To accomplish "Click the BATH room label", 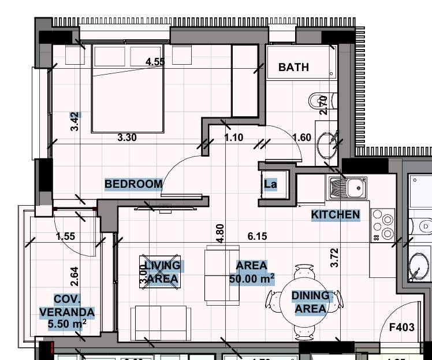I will tap(293, 68).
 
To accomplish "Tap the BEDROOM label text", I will tap(133, 184).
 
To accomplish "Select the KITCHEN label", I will tap(336, 215).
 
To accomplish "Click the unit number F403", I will tap(401, 328).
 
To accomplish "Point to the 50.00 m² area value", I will tap(252, 279).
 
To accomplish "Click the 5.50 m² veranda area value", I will tap(67, 325).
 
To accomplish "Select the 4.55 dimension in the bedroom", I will tap(156, 62).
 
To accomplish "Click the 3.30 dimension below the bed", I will tap(127, 138).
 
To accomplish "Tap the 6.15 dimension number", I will tap(257, 236).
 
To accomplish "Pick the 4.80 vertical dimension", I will tap(219, 232).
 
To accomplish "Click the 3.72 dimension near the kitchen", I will tap(333, 257).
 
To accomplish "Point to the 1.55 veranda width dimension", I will tap(66, 236).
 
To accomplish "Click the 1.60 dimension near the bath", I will tap(301, 138).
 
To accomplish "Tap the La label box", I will tap(270, 185).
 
